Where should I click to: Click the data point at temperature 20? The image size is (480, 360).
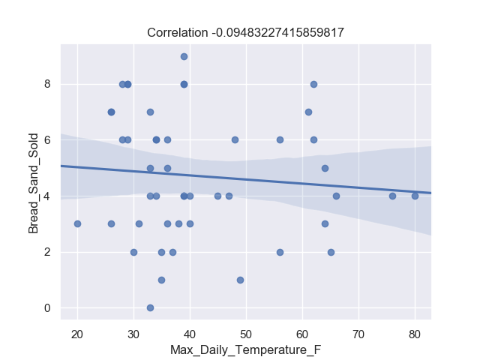pyautogui.click(x=77, y=223)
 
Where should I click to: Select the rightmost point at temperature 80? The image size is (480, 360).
pyautogui.click(x=415, y=196)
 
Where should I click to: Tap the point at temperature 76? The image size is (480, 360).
pyautogui.click(x=392, y=196)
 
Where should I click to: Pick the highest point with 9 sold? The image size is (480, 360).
pyautogui.click(x=184, y=56)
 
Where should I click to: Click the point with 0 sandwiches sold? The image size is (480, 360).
pyautogui.click(x=150, y=307)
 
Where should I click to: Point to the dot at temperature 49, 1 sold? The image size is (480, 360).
pyautogui.click(x=240, y=280)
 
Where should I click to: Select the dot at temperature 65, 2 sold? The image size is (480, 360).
pyautogui.click(x=331, y=252)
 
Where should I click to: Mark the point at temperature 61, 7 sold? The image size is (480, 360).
pyautogui.click(x=308, y=112)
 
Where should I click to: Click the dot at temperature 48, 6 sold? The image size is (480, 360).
pyautogui.click(x=235, y=139)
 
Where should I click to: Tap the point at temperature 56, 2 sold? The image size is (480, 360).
pyautogui.click(x=280, y=252)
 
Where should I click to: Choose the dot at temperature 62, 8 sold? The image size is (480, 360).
pyautogui.click(x=313, y=84)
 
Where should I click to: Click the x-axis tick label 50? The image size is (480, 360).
pyautogui.click(x=246, y=334)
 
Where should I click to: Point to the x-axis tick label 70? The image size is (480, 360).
pyautogui.click(x=358, y=334)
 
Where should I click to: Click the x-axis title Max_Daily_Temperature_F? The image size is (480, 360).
pyautogui.click(x=245, y=350)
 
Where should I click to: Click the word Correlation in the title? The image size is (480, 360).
pyautogui.click(x=177, y=32)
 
